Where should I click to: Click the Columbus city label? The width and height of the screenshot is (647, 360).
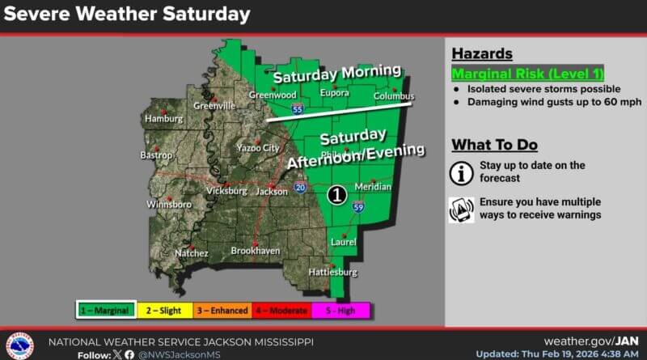[394, 96]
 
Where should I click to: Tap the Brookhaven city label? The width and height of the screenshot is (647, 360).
[255, 252]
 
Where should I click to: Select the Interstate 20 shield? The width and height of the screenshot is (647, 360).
[300, 188]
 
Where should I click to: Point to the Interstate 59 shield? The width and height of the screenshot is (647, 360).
[358, 208]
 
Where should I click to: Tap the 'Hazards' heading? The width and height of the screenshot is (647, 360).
[481, 53]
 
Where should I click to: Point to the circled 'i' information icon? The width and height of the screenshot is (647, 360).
[462, 172]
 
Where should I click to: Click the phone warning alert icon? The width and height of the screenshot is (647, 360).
[462, 209]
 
